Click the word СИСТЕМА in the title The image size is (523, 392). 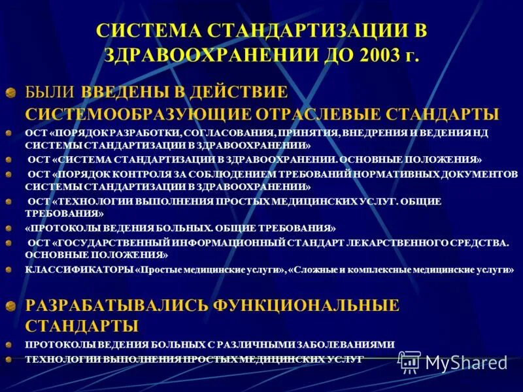[x=148, y=31]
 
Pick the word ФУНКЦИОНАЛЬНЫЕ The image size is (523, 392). [x=305, y=304]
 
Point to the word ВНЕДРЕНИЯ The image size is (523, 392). [x=399, y=133]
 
